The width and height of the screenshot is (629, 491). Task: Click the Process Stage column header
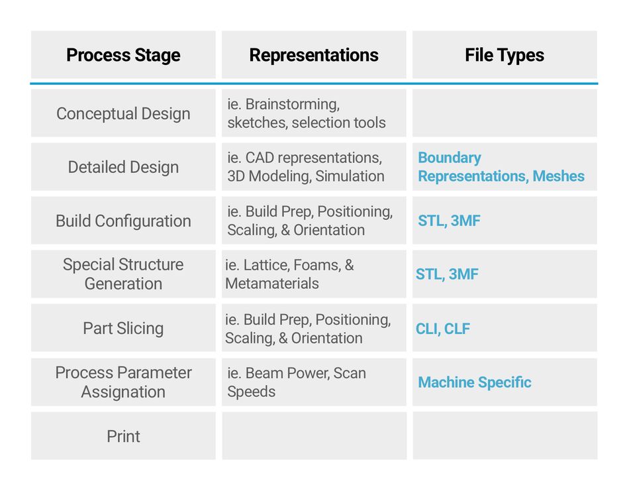123,55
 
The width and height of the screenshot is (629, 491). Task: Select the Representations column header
314,55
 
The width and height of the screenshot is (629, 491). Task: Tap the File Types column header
505,55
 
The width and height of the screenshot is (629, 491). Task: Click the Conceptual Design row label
123,113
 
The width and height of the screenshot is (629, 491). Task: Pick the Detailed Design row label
123,167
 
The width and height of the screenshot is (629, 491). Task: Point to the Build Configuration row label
123,221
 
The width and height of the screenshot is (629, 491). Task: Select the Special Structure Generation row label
123,274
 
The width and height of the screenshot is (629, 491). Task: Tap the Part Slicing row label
123,328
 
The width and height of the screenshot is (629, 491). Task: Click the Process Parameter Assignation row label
123,382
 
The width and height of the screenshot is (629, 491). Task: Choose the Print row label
123,436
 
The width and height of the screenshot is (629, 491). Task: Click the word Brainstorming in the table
293,105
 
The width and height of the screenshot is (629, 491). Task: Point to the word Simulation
350,176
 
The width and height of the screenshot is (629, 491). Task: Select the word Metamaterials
272,284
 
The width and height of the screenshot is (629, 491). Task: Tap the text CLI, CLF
443,329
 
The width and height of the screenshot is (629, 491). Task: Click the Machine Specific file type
475,382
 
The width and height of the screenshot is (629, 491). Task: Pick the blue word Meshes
558,176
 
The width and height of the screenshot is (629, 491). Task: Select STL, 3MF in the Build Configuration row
449,221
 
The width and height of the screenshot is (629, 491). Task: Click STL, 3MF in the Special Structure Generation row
447,274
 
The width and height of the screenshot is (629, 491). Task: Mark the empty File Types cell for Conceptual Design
505,113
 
